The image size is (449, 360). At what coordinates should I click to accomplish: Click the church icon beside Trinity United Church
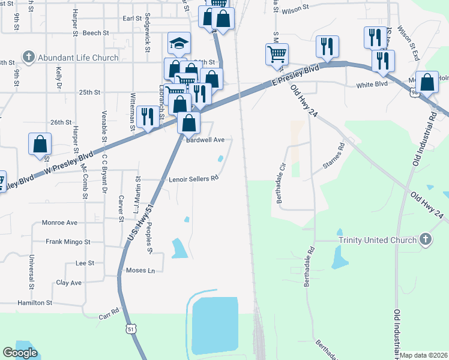pos(425,239)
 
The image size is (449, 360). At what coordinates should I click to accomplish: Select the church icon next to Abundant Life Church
pos(28,58)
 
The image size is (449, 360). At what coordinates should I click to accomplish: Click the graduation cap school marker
pos(179,43)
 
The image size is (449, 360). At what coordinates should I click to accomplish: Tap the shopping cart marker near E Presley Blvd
pos(277,54)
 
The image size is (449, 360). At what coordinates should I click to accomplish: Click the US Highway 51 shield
pos(131,329)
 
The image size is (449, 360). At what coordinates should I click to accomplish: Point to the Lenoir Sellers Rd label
pos(193,178)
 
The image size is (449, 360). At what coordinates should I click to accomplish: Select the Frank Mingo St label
pos(68,242)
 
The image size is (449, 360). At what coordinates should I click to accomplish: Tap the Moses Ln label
pos(140,271)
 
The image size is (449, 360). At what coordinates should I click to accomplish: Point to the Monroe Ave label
pos(59,223)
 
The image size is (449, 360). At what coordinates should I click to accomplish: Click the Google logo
pos(19,352)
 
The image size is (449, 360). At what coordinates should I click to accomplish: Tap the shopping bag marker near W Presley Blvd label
pos(40,144)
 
